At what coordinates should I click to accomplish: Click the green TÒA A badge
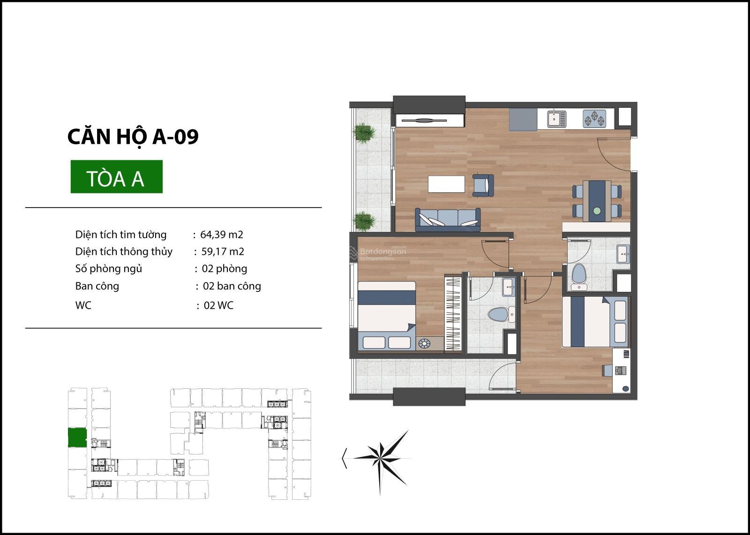[117, 177]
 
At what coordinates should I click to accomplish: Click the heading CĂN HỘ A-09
[133, 136]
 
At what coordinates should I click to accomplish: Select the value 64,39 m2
[222, 235]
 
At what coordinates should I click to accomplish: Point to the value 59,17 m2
[223, 252]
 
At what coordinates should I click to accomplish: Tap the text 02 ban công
[232, 286]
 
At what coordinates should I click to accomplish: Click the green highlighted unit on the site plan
[77, 437]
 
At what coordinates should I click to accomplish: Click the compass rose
[380, 459]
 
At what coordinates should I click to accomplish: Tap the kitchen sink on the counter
[557, 119]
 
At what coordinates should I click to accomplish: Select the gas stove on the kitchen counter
[594, 119]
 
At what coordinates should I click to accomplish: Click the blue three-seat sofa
[448, 219]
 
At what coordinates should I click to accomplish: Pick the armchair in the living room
[483, 185]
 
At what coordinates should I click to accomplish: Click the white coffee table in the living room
[446, 184]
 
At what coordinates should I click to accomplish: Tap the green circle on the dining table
[597, 211]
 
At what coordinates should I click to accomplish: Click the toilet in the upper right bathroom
[578, 277]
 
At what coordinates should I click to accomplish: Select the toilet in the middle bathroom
[501, 314]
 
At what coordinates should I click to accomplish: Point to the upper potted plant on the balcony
[364, 133]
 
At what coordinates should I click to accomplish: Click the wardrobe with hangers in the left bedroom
[453, 313]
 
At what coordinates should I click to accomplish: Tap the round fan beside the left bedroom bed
[424, 343]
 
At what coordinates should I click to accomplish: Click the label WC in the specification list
[83, 305]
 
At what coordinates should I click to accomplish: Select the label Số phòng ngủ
[108, 269]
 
